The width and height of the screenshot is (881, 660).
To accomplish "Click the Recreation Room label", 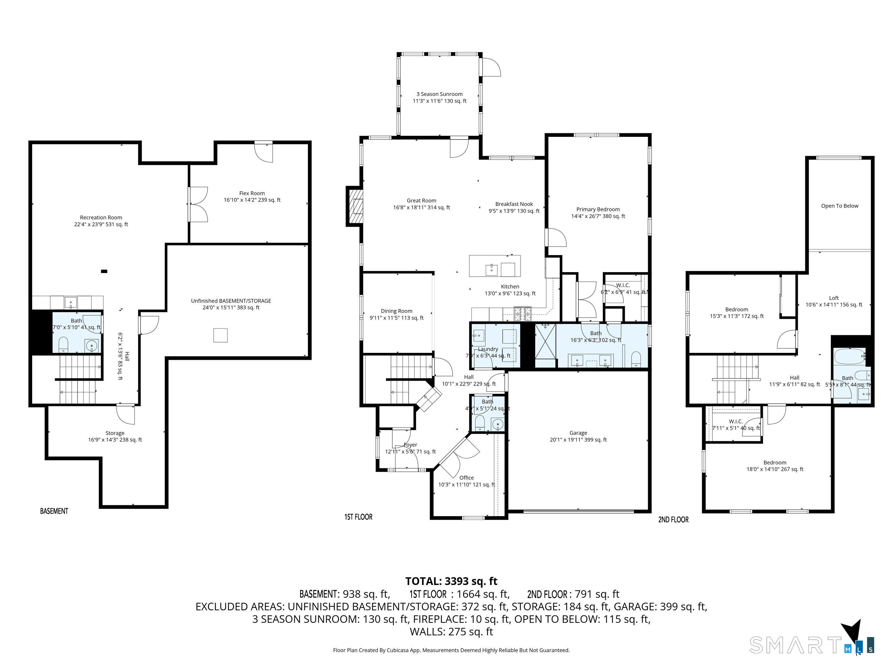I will (101, 218).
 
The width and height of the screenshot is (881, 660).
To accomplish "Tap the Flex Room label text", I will (252, 193).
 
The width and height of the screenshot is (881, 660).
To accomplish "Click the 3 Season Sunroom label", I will (439, 94).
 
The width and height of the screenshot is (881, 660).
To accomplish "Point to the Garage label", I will (578, 433).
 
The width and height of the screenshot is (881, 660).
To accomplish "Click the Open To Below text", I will (840, 206).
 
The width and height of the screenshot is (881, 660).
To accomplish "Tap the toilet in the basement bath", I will (63, 345).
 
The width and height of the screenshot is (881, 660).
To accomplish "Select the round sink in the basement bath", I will (91, 346).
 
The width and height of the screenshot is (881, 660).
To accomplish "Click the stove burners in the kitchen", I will (522, 313).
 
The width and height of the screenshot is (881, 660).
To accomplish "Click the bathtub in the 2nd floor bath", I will (849, 356).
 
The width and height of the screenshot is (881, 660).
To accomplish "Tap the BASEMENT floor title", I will (54, 511).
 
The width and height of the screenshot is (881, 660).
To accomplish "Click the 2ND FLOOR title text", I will (673, 520).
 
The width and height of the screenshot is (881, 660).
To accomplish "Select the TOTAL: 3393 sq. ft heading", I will (451, 581).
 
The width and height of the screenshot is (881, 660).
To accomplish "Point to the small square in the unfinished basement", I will (220, 335).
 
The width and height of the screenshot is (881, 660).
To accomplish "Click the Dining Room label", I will (396, 311).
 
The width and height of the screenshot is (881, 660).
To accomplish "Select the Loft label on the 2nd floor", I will (834, 298).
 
